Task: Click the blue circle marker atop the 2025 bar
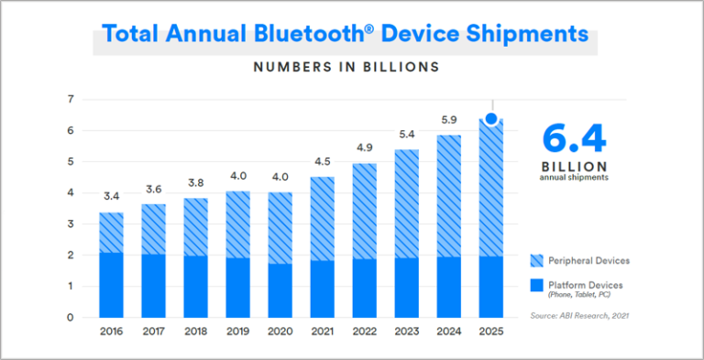[x=491, y=119]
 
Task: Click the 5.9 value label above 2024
[x=449, y=119]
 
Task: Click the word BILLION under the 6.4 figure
[x=575, y=167]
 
